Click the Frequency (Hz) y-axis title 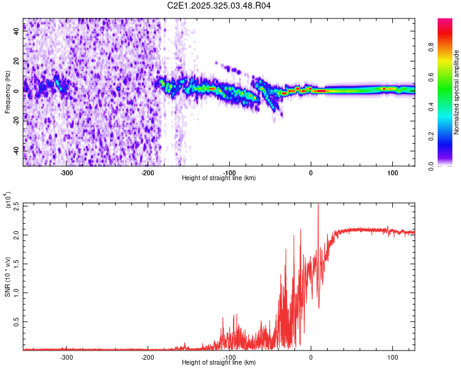coord(7,92)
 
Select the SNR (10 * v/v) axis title coord(7,276)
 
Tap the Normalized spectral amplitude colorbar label coord(456,92)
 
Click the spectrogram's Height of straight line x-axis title coord(219,178)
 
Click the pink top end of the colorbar coord(445,22)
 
